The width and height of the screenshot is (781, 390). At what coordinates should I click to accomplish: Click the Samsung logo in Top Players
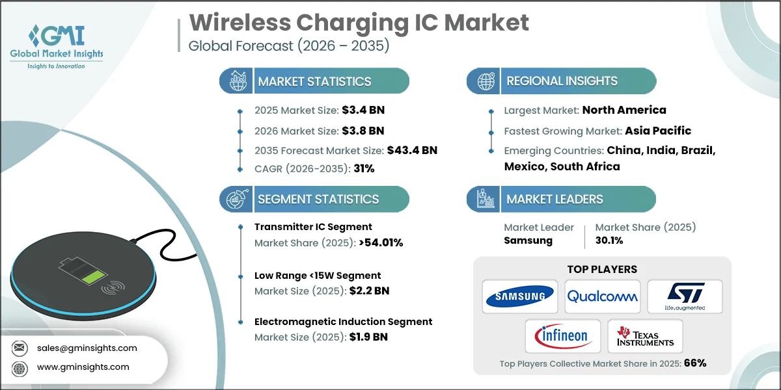[x=519, y=297]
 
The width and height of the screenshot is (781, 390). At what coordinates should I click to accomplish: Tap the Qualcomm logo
[x=602, y=297]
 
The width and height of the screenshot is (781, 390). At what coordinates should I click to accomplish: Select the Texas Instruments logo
[x=645, y=337]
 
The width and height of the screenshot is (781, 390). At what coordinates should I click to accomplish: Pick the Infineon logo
[x=562, y=337]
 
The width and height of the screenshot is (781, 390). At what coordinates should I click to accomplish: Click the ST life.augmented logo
[x=685, y=297]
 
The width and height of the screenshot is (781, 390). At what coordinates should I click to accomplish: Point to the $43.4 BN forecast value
[x=411, y=150]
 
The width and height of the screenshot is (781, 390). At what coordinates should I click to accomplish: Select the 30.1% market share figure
[x=610, y=240]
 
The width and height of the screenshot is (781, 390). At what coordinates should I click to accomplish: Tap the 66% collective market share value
[x=694, y=363]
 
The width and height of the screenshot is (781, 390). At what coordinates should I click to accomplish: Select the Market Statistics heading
[x=314, y=81]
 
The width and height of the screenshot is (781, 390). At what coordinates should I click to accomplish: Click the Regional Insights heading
[x=562, y=81]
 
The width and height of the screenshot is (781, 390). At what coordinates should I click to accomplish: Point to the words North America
[x=623, y=110]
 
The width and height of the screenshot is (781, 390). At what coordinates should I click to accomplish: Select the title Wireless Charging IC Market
[x=359, y=23]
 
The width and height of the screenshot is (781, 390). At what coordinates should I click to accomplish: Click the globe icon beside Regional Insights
[x=485, y=81]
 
